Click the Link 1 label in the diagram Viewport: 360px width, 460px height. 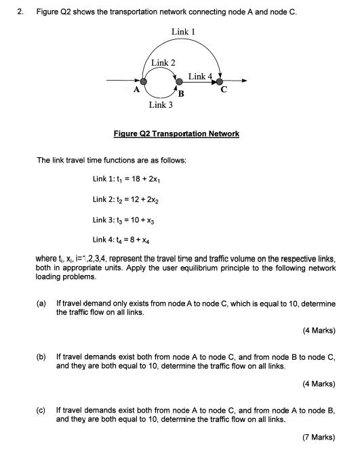point(183,31)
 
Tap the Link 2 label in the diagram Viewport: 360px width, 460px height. point(163,62)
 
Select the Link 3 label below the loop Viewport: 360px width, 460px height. point(161,105)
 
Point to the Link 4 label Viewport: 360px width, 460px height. point(200,77)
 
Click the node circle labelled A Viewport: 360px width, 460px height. point(144,82)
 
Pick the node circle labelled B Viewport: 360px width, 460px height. point(179,82)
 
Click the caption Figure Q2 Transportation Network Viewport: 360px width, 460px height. point(176,133)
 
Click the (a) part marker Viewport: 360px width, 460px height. point(41,304)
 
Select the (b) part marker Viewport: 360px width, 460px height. point(41,355)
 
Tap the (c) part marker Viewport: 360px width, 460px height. point(41,410)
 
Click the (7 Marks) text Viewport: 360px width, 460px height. point(319,437)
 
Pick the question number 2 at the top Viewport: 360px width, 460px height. point(21,12)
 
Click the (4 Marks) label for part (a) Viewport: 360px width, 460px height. point(319,331)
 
